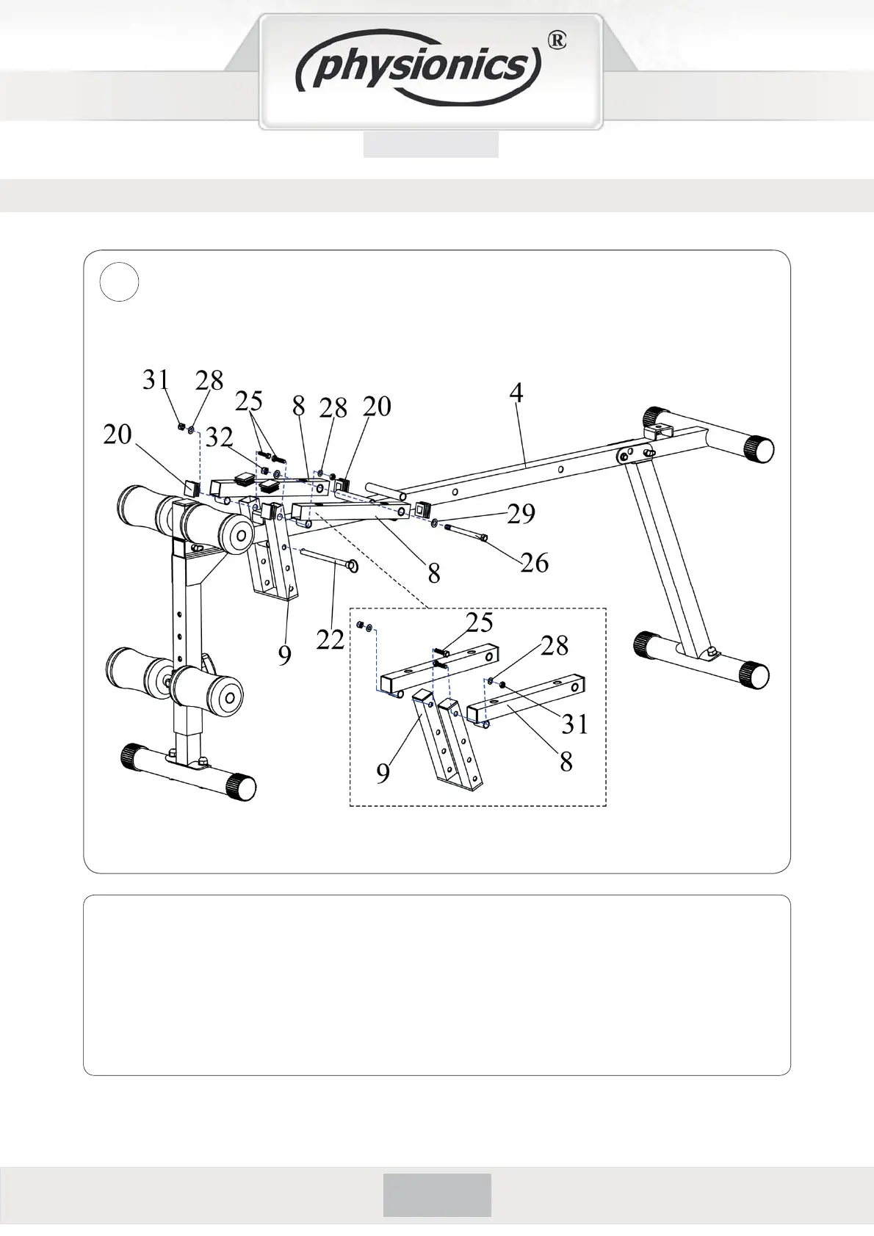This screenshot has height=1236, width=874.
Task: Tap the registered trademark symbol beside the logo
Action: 557,42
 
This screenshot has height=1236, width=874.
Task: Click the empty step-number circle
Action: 119,283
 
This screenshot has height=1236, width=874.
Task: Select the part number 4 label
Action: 516,393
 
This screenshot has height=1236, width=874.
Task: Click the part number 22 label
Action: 331,640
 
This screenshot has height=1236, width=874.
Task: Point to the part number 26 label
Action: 535,563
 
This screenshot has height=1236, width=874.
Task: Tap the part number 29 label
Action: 521,514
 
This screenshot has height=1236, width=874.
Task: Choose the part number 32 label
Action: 219,437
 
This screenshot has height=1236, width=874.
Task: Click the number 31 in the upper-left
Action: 156,380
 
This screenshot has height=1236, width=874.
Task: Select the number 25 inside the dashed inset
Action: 480,623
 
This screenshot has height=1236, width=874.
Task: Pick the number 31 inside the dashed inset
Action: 575,724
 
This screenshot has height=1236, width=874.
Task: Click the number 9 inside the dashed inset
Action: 383,774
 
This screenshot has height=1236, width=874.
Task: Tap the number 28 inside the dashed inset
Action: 555,646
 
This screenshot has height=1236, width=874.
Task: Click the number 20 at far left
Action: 118,435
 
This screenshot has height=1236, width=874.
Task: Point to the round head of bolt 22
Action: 352,566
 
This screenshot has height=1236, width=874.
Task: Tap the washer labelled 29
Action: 435,523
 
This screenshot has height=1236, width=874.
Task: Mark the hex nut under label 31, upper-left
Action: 181,426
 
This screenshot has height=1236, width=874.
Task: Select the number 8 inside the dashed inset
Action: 566,762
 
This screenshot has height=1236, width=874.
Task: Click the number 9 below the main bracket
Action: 285,654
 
